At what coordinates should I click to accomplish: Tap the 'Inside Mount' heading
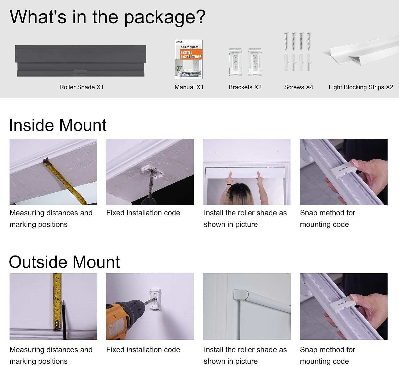click(x=58, y=125)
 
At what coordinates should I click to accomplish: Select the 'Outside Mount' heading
click(x=64, y=262)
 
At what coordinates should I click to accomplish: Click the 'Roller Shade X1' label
click(x=82, y=87)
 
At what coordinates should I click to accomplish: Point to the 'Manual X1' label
click(x=189, y=87)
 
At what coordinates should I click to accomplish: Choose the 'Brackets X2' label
click(x=245, y=87)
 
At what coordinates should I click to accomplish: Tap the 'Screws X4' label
click(x=298, y=87)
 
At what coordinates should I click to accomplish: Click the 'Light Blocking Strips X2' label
click(x=361, y=87)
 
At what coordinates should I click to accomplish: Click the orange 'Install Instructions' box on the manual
click(x=191, y=54)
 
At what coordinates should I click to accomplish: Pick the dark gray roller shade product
click(x=81, y=61)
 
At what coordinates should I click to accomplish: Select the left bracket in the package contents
click(x=235, y=62)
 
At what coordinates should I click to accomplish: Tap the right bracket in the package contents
click(x=255, y=62)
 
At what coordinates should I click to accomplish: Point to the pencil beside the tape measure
click(x=64, y=320)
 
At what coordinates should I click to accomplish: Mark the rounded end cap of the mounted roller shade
click(x=241, y=295)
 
